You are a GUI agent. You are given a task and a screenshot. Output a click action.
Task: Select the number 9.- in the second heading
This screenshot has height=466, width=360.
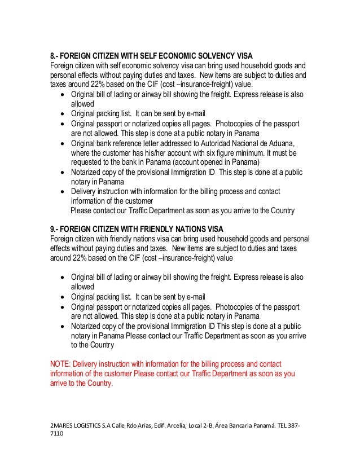[55, 228]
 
